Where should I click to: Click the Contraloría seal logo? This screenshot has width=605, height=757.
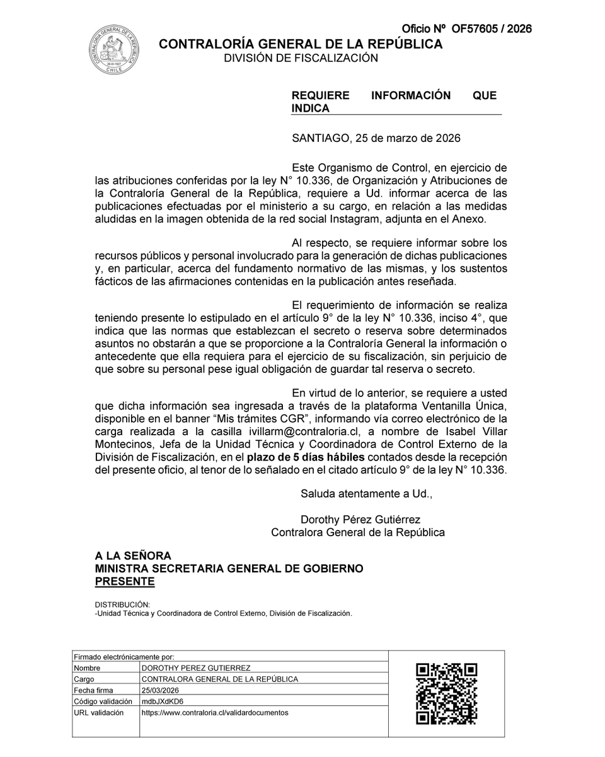pyautogui.click(x=114, y=49)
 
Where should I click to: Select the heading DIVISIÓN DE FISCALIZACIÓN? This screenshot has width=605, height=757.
pyautogui.click(x=301, y=58)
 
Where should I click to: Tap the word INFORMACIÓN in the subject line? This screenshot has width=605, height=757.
pyautogui.click(x=410, y=95)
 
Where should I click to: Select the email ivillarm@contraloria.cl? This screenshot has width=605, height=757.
pyautogui.click(x=297, y=431)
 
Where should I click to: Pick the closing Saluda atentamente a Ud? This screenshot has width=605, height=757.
pyautogui.click(x=366, y=494)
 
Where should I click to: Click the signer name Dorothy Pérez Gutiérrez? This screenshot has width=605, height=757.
pyautogui.click(x=360, y=520)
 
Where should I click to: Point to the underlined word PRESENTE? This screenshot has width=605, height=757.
pyautogui.click(x=125, y=581)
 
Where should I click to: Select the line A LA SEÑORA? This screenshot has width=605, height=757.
pyautogui.click(x=133, y=556)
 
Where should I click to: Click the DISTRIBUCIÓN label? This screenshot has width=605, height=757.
pyautogui.click(x=122, y=604)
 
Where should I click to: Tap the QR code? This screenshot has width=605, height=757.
pyautogui.click(x=446, y=693)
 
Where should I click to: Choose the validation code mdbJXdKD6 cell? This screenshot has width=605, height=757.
pyautogui.click(x=163, y=701)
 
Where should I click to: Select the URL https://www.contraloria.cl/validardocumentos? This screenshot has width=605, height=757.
pyautogui.click(x=215, y=713)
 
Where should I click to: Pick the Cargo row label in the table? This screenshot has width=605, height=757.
pyautogui.click(x=84, y=679)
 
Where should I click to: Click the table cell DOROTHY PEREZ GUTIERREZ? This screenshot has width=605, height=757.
pyautogui.click(x=196, y=668)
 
